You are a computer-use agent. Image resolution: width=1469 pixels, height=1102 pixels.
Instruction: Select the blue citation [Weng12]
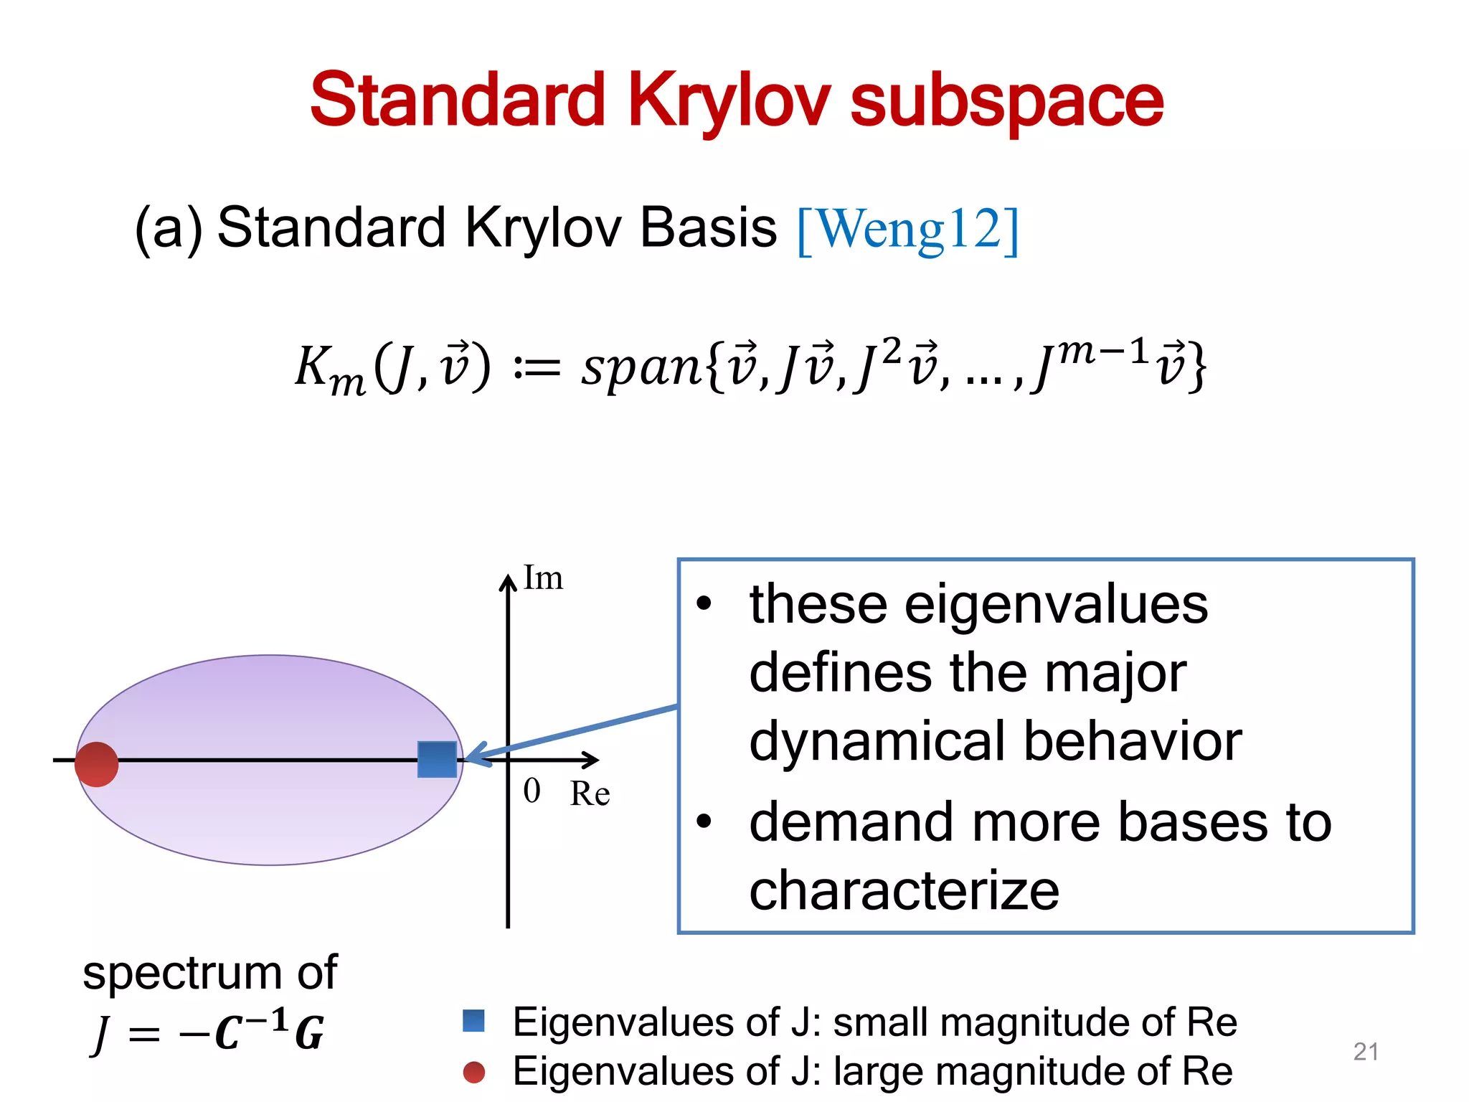907,230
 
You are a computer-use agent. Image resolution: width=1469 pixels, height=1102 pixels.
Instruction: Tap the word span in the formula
641,367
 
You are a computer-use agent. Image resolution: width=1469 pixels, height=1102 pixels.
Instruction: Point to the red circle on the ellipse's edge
97,764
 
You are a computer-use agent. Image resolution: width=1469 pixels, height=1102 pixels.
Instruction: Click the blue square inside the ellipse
437,759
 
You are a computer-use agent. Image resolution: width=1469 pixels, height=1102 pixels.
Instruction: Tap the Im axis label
543,578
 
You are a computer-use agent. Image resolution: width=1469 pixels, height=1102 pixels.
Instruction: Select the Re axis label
590,793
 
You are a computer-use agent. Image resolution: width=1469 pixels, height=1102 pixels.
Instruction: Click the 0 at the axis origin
532,791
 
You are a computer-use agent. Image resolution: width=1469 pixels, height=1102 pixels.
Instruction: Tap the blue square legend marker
473,1020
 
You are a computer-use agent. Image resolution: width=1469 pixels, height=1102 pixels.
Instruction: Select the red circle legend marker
473,1073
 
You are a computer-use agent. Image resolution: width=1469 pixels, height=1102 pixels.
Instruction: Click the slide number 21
1366,1052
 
